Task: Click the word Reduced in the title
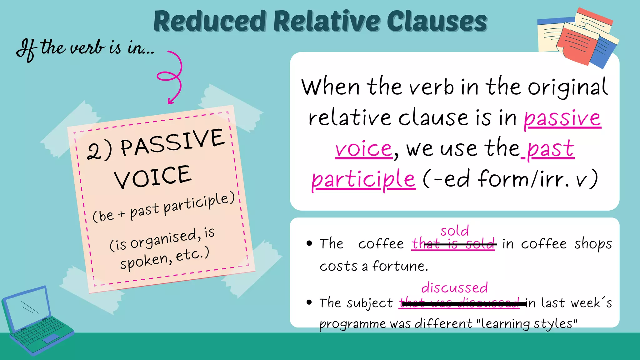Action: point(210,21)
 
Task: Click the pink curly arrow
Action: point(172,77)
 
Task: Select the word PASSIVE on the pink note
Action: point(172,142)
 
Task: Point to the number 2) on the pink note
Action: point(99,151)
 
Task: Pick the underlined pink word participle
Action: point(363,179)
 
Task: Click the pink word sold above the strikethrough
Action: point(454,231)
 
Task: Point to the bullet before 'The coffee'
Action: point(309,243)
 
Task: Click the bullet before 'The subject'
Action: point(309,302)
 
